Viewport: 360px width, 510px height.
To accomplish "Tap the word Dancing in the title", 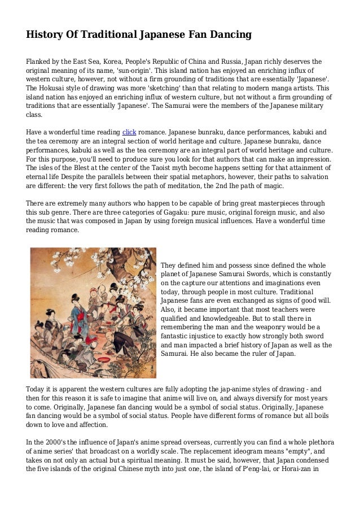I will pos(229,35).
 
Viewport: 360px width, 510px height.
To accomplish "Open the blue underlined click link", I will pos(129,132).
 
